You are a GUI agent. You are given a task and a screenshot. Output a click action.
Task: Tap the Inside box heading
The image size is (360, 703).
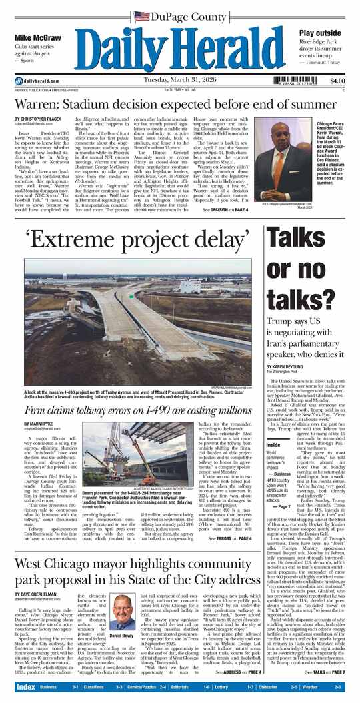coord(273,444)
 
